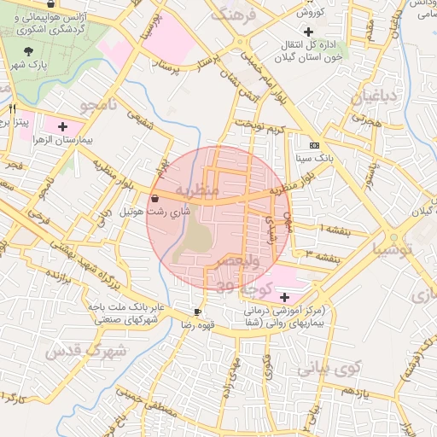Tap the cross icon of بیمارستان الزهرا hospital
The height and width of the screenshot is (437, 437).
pyautogui.click(x=62, y=126)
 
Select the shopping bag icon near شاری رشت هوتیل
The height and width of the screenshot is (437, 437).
pyautogui.click(x=154, y=198)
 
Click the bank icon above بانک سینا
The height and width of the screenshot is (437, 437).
pyautogui.click(x=313, y=145)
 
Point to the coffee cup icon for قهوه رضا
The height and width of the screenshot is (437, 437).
pyautogui.click(x=198, y=312)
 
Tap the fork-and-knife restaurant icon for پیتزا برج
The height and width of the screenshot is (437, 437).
pyautogui.click(x=12, y=109)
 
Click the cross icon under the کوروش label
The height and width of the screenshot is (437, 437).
pyautogui.click(x=308, y=32)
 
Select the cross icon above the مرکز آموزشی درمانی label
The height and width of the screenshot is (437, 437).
pyautogui.click(x=283, y=296)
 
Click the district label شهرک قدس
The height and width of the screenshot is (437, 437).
pyautogui.click(x=85, y=350)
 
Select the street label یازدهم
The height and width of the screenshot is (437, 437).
pyautogui.click(x=353, y=390)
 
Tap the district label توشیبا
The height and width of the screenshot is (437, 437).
pyautogui.click(x=393, y=250)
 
